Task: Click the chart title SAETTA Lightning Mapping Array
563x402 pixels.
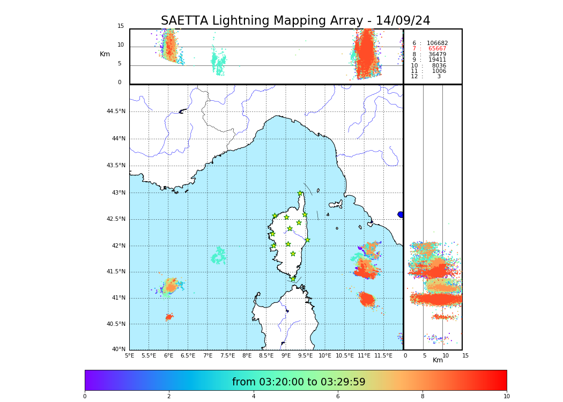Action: point(295,21)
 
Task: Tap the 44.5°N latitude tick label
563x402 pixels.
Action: point(116,111)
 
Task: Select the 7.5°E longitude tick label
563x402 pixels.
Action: point(227,355)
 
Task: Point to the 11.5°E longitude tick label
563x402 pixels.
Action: point(383,355)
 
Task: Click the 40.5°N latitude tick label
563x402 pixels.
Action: point(116,324)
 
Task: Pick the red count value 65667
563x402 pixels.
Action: point(437,49)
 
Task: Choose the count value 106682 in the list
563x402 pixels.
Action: point(437,43)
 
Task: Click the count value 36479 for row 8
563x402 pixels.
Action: point(437,55)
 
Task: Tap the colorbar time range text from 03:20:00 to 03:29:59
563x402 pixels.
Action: point(299,382)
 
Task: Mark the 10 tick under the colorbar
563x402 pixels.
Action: point(506,397)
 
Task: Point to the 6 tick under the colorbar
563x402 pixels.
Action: point(338,397)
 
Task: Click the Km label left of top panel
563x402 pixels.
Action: point(105,54)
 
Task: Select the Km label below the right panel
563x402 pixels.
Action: point(438,360)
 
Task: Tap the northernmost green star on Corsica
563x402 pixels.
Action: point(300,193)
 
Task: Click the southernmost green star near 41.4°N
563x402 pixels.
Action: point(293,279)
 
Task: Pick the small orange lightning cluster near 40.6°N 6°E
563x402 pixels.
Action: point(169,317)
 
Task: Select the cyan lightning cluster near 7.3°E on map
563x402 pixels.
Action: point(218,256)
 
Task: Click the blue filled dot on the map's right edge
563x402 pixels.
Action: point(401,214)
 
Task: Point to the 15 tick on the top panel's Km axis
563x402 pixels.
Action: point(121,26)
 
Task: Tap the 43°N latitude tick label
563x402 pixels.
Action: point(118,193)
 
